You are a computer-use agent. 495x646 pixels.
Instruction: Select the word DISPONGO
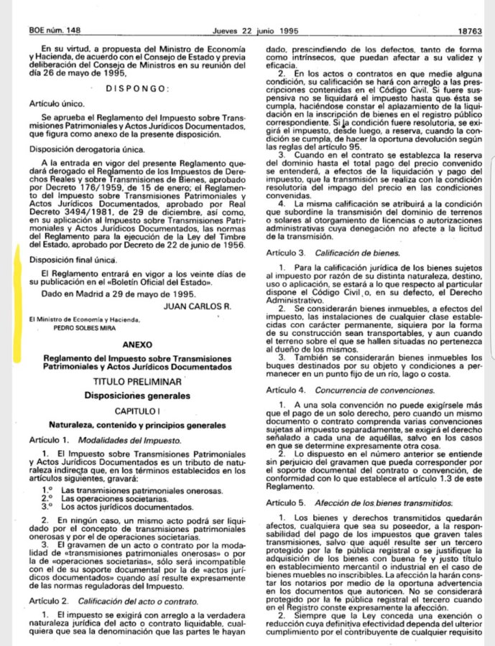point(137,88)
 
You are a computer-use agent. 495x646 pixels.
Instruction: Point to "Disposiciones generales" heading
point(137,395)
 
